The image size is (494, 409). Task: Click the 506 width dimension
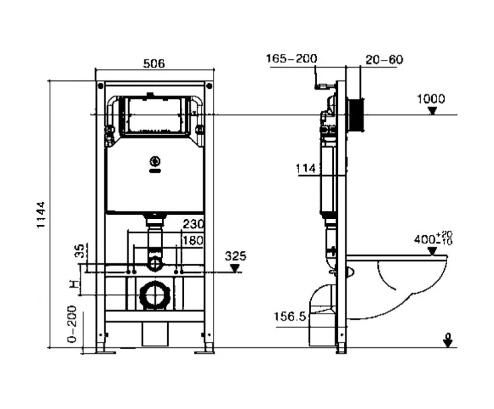click(154, 64)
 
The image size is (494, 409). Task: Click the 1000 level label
click(431, 99)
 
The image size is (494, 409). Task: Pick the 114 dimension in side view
click(305, 169)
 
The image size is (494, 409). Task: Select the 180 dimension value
click(194, 240)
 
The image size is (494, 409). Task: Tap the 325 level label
click(236, 256)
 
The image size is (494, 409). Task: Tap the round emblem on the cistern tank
click(154, 161)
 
